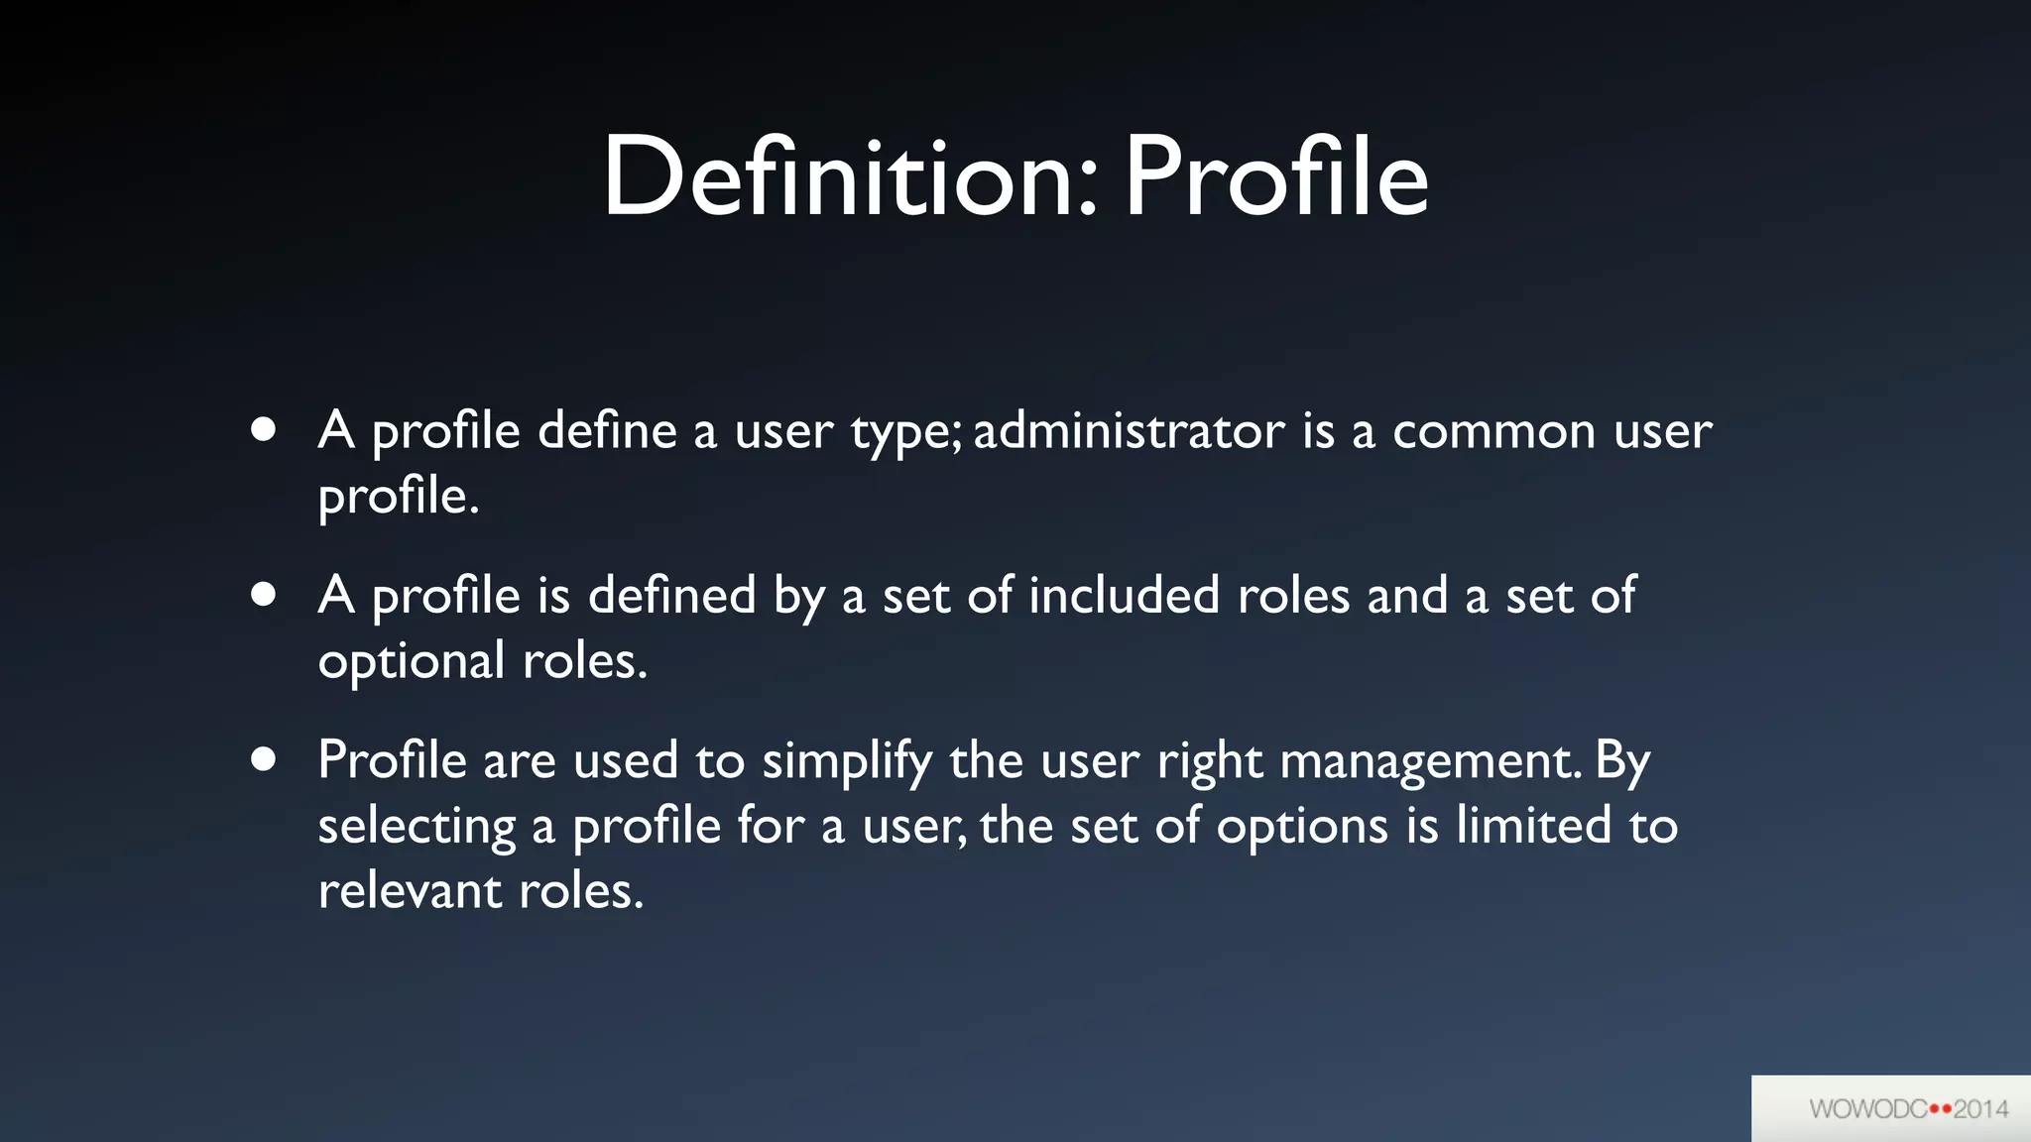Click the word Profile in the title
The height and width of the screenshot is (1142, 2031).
1276,178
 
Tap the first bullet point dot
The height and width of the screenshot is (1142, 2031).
263,430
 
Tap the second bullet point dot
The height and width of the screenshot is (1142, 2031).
263,595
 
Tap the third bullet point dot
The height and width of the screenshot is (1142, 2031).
263,759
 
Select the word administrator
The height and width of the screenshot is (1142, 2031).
1129,430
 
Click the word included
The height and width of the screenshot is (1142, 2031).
1124,595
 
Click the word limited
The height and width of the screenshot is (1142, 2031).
1533,825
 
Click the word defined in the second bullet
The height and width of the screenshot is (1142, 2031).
671,595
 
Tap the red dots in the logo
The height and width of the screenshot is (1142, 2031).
1940,1109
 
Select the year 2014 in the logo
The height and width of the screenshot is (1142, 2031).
1980,1109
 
